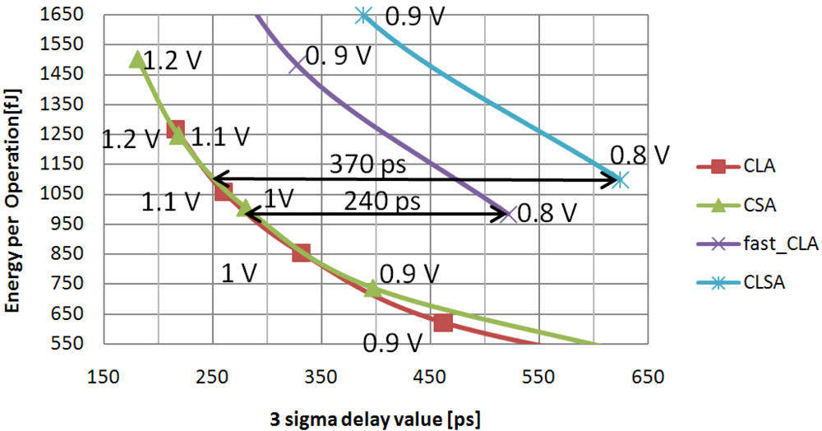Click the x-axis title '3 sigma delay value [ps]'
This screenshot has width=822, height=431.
pos(375,417)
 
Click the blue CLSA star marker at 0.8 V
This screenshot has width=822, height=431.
pos(621,179)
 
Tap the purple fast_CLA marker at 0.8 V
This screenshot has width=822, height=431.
pos(508,215)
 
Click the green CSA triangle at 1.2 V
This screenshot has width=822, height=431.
pos(137,59)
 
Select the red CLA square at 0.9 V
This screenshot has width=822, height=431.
pos(443,322)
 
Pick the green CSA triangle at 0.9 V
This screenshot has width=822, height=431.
pos(372,289)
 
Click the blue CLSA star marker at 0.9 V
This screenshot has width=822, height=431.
pos(364,15)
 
